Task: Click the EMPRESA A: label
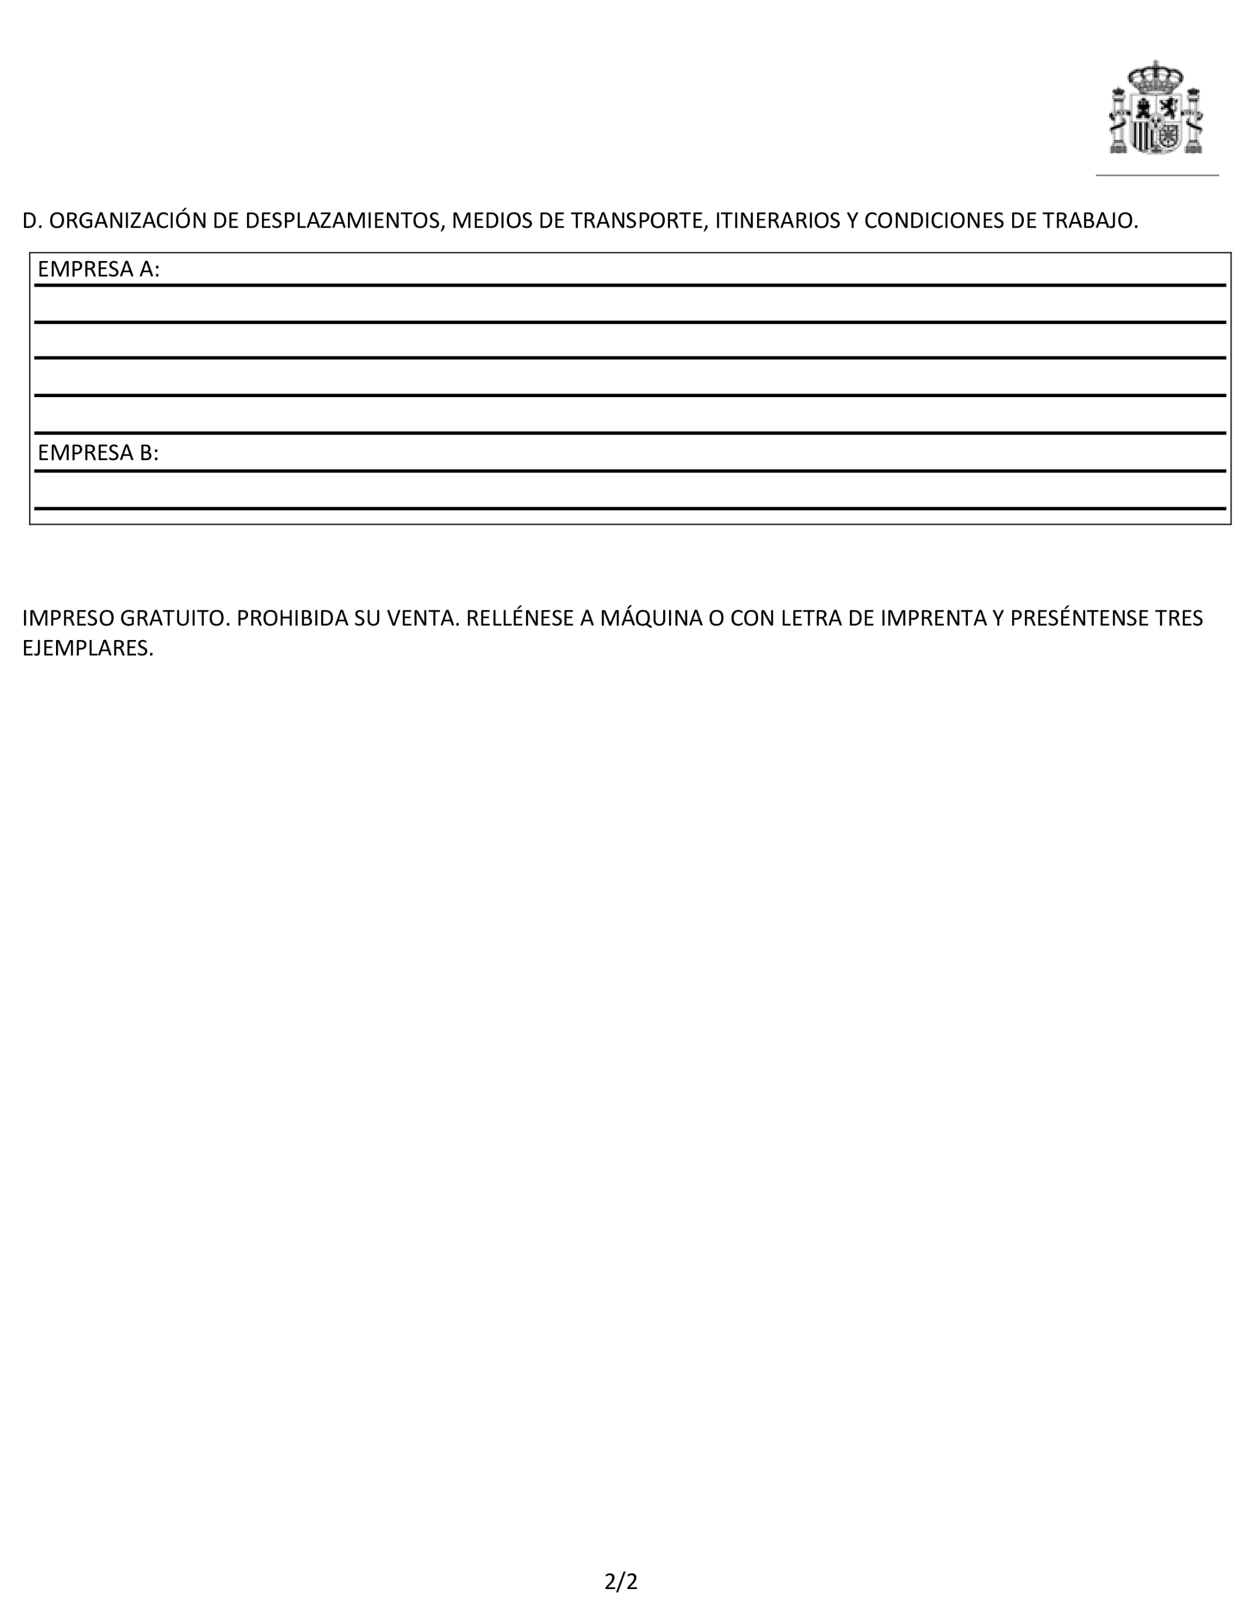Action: (x=98, y=269)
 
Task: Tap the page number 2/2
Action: (x=620, y=1581)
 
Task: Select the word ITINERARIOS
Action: (x=777, y=220)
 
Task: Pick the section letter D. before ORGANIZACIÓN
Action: (x=32, y=220)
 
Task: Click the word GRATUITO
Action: (x=173, y=618)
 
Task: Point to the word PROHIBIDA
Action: (x=292, y=618)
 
